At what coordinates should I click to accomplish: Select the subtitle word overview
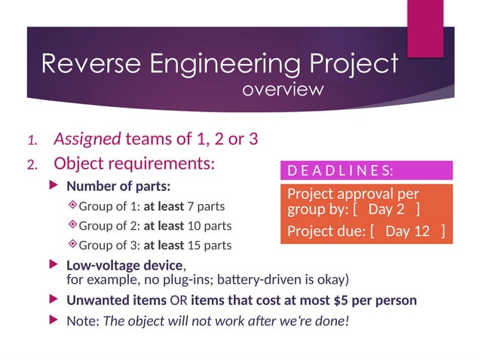(x=283, y=90)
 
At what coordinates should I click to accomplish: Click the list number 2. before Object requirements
(x=34, y=163)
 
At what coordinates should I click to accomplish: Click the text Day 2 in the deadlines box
(x=386, y=209)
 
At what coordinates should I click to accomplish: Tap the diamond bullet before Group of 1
(x=72, y=206)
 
